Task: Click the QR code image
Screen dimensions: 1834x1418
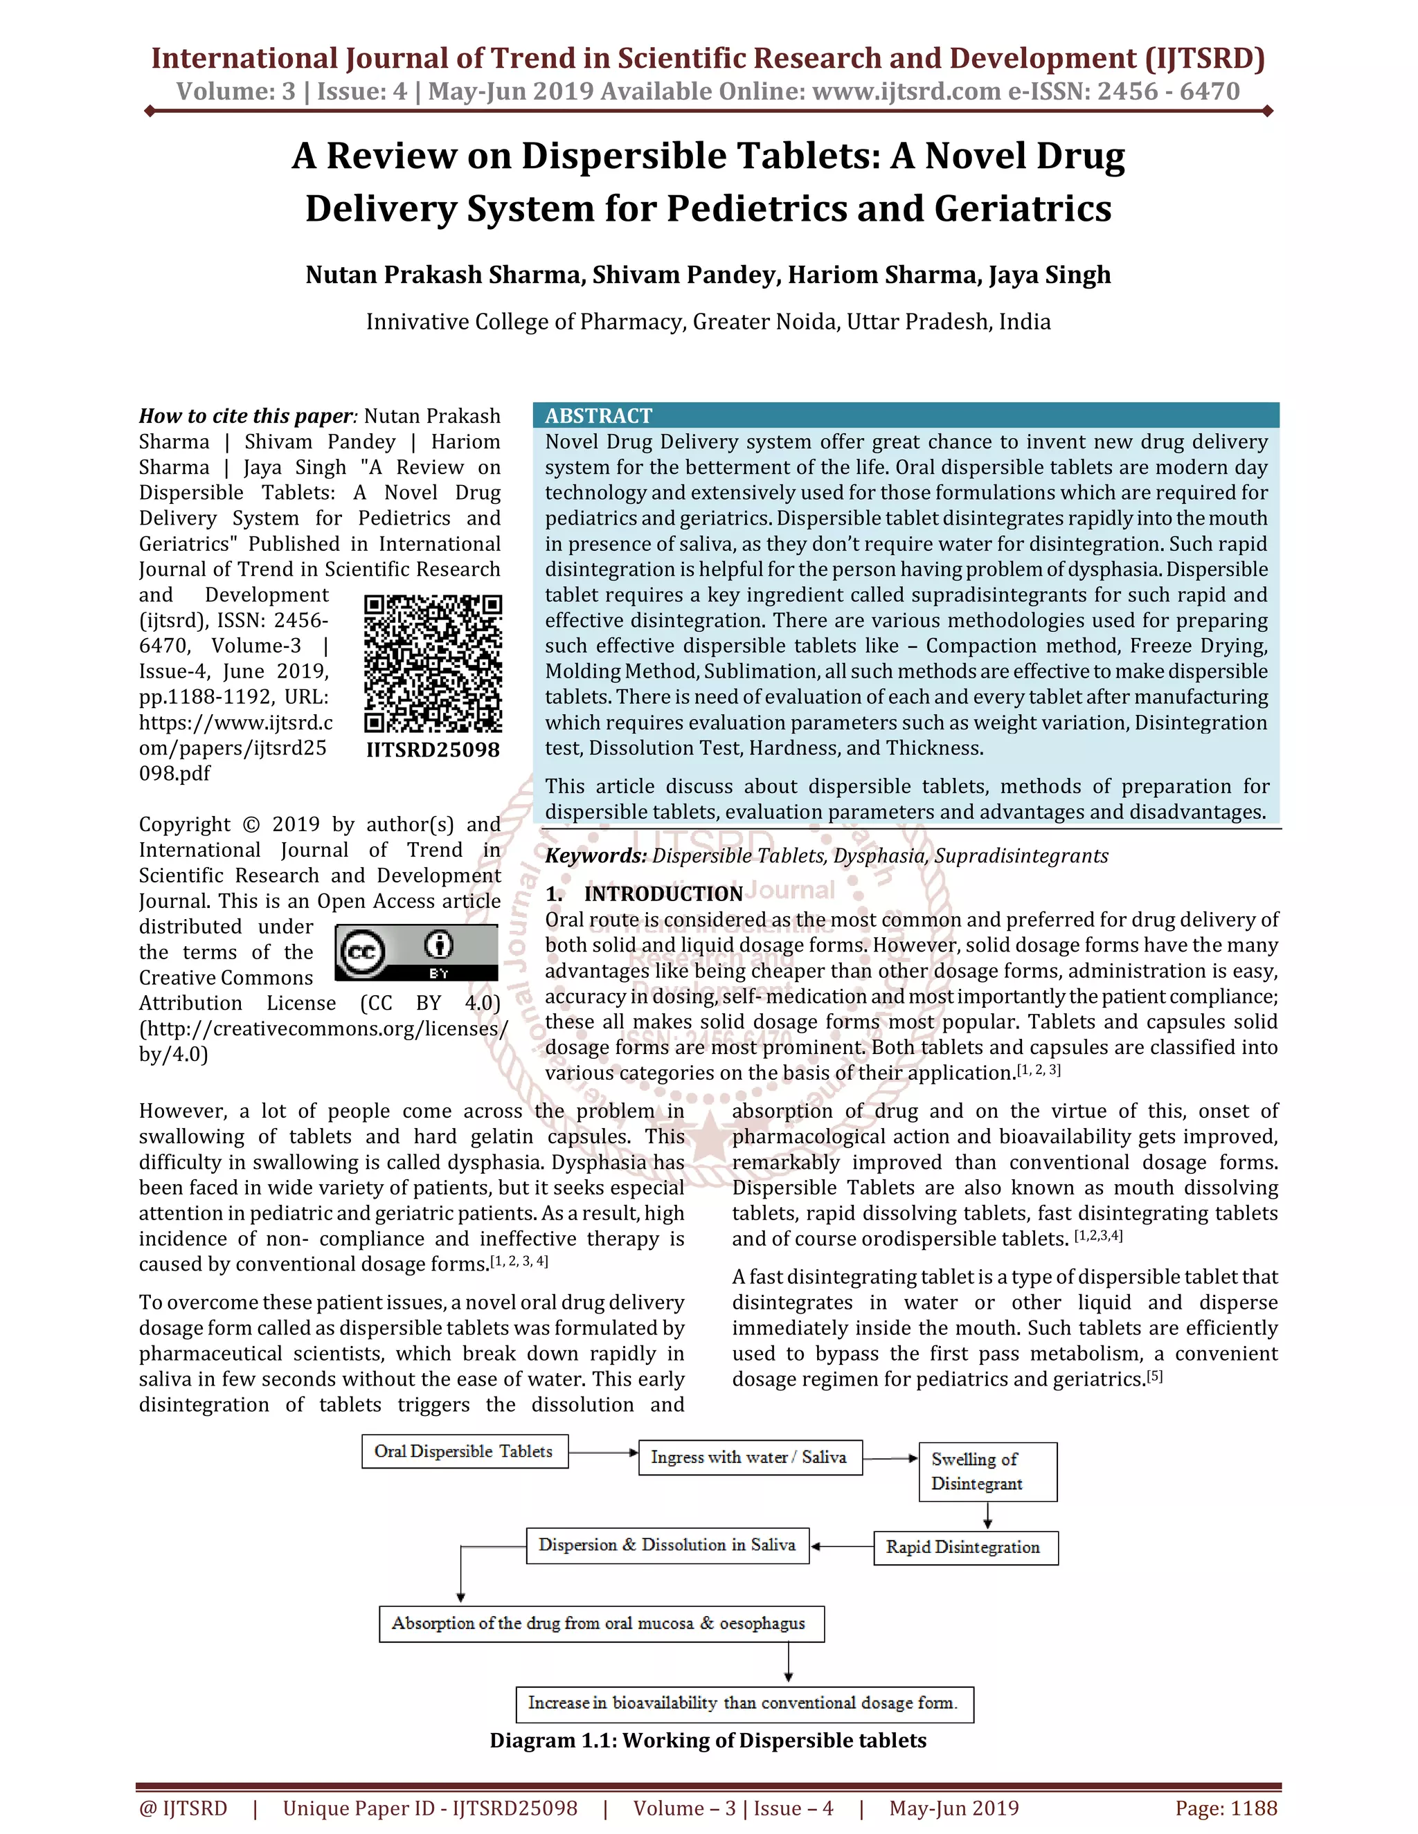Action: (x=433, y=664)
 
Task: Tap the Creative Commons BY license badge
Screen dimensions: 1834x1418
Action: (x=417, y=953)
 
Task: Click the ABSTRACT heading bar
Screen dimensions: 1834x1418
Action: (x=906, y=415)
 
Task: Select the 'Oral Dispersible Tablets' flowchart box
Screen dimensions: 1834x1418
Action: (x=465, y=1451)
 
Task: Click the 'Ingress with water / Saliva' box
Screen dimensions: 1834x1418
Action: (x=749, y=1457)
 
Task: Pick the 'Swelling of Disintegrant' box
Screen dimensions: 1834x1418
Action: (x=988, y=1471)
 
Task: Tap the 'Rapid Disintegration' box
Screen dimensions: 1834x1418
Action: (x=965, y=1547)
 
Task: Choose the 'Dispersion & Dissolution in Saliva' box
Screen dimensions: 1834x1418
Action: (x=667, y=1545)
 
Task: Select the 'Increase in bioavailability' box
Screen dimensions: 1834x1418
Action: (x=744, y=1703)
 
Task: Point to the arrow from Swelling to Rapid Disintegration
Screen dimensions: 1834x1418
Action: (x=988, y=1515)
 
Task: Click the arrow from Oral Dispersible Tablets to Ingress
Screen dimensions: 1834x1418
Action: (x=603, y=1452)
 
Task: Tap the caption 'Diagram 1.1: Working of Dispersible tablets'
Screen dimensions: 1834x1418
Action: (x=708, y=1740)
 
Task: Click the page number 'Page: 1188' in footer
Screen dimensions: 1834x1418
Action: (x=1226, y=1808)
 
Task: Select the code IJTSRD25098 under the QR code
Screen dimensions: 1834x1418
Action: (x=433, y=750)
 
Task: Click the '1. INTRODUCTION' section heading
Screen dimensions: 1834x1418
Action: (x=645, y=893)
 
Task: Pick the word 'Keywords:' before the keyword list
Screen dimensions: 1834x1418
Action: (x=595, y=855)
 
